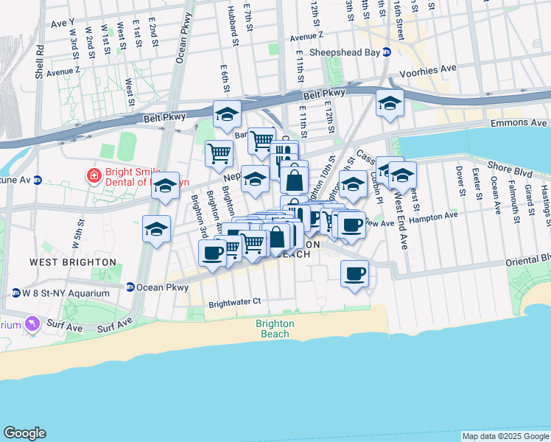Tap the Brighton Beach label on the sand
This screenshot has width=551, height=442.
point(275,329)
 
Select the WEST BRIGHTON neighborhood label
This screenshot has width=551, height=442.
point(72,262)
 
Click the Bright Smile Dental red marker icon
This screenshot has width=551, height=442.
point(94,175)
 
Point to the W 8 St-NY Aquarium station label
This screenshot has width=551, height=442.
point(66,293)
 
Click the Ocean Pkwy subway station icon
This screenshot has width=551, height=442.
point(130,287)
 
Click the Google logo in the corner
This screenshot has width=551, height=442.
point(24,433)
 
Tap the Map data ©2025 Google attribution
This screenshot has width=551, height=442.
point(505,436)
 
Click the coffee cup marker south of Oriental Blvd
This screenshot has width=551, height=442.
point(354,274)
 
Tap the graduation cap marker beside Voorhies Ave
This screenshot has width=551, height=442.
point(390,103)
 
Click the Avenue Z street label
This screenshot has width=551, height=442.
point(63,72)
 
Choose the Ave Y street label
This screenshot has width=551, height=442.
point(63,23)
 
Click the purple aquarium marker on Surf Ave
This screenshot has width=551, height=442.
point(31,323)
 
